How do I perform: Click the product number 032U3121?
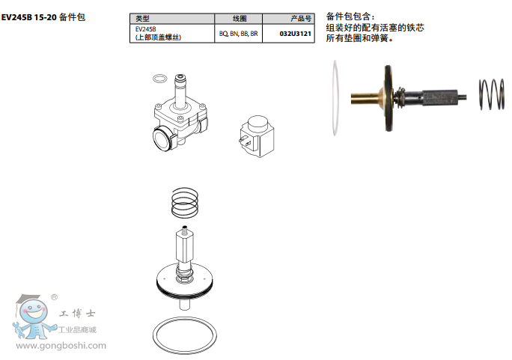(295, 34)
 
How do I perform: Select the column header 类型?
(143, 19)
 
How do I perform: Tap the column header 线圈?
(240, 19)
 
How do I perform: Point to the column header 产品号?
(301, 19)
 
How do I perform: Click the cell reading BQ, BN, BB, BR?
(238, 34)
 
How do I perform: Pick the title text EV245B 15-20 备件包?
(43, 17)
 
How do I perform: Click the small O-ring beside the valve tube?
(159, 79)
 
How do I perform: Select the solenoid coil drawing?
(257, 136)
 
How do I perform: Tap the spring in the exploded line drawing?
(185, 203)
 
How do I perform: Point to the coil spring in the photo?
(491, 94)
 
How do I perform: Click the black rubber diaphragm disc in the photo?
(388, 98)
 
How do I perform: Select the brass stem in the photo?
(364, 98)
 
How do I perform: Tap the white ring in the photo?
(335, 98)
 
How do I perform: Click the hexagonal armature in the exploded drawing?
(184, 246)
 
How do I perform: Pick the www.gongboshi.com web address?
(61, 346)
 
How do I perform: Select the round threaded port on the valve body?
(162, 138)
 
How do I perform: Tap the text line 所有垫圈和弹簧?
(359, 38)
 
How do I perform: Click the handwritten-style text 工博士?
(77, 314)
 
